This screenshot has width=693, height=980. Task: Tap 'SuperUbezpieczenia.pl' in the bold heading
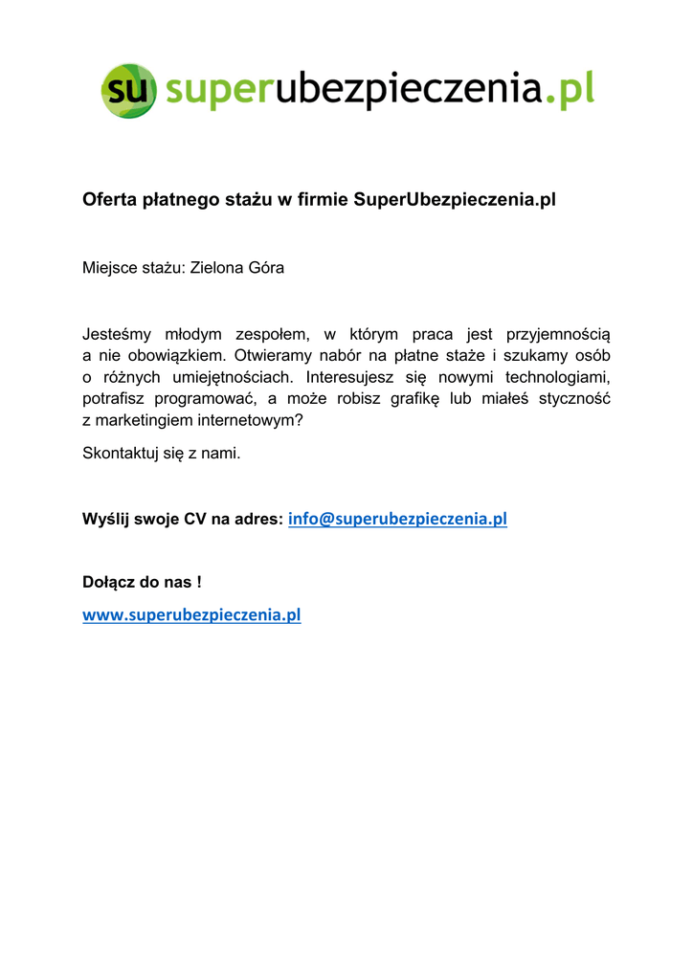pyautogui.click(x=454, y=200)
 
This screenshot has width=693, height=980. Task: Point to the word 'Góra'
pyautogui.click(x=266, y=268)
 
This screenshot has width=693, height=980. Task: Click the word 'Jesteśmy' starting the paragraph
pyautogui.click(x=112, y=335)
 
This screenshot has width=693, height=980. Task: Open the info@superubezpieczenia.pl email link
pyautogui.click(x=397, y=520)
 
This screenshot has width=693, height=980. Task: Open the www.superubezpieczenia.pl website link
pyautogui.click(x=191, y=615)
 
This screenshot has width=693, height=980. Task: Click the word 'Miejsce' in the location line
pyautogui.click(x=109, y=268)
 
